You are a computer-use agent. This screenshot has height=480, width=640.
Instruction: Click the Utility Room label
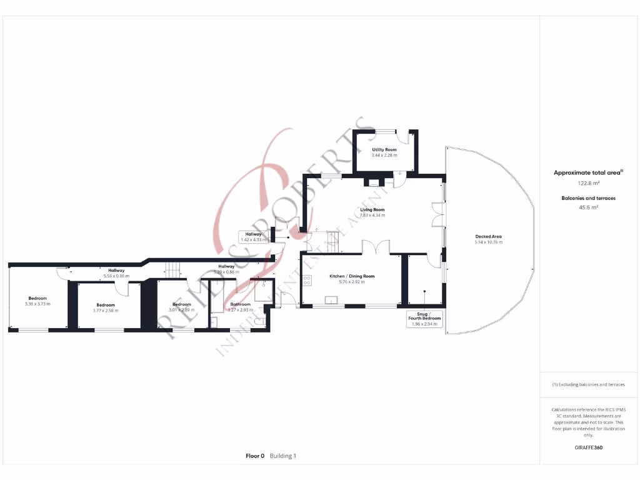384,150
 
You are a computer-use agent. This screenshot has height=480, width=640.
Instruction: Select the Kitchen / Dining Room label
352,276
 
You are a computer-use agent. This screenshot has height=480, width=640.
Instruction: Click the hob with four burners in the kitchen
307,281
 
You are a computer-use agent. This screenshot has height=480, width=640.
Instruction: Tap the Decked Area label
488,236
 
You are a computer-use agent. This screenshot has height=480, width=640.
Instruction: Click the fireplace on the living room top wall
373,183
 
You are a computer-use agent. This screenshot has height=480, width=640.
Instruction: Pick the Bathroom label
240,304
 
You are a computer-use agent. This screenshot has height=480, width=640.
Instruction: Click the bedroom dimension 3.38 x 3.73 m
37,304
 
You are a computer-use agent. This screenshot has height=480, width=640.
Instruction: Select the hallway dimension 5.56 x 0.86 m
116,276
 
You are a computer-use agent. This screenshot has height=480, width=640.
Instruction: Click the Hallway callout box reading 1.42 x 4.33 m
253,237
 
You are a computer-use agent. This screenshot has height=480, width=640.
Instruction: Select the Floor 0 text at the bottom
255,456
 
